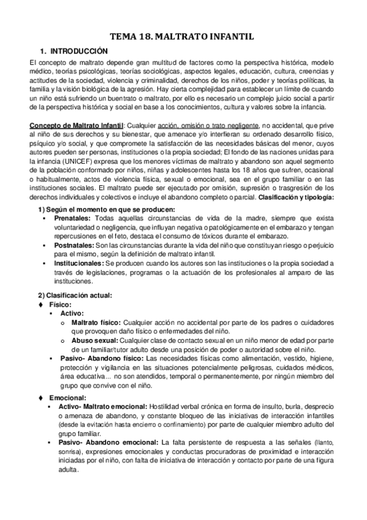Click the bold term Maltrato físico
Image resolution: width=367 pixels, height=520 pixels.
96,322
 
